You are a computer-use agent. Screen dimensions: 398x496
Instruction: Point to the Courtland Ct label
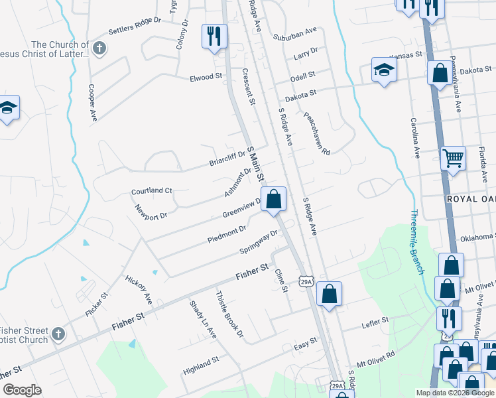click(151, 190)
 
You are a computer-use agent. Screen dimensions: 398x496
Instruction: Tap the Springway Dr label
click(259, 242)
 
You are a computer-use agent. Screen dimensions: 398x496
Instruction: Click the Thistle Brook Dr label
click(230, 314)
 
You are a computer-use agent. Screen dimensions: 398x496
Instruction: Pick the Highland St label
click(202, 364)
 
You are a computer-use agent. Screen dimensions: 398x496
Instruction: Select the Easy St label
click(306, 346)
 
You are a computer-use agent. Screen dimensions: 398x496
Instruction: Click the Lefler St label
click(375, 322)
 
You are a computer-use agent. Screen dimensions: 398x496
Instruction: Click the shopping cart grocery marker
click(453, 158)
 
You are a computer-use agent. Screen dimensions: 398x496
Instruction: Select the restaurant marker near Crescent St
click(214, 36)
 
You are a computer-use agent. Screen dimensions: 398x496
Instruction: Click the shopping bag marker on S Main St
click(273, 198)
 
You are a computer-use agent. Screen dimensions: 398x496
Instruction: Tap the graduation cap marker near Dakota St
click(384, 72)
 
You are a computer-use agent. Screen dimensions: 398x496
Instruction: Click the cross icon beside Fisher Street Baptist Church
click(58, 334)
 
